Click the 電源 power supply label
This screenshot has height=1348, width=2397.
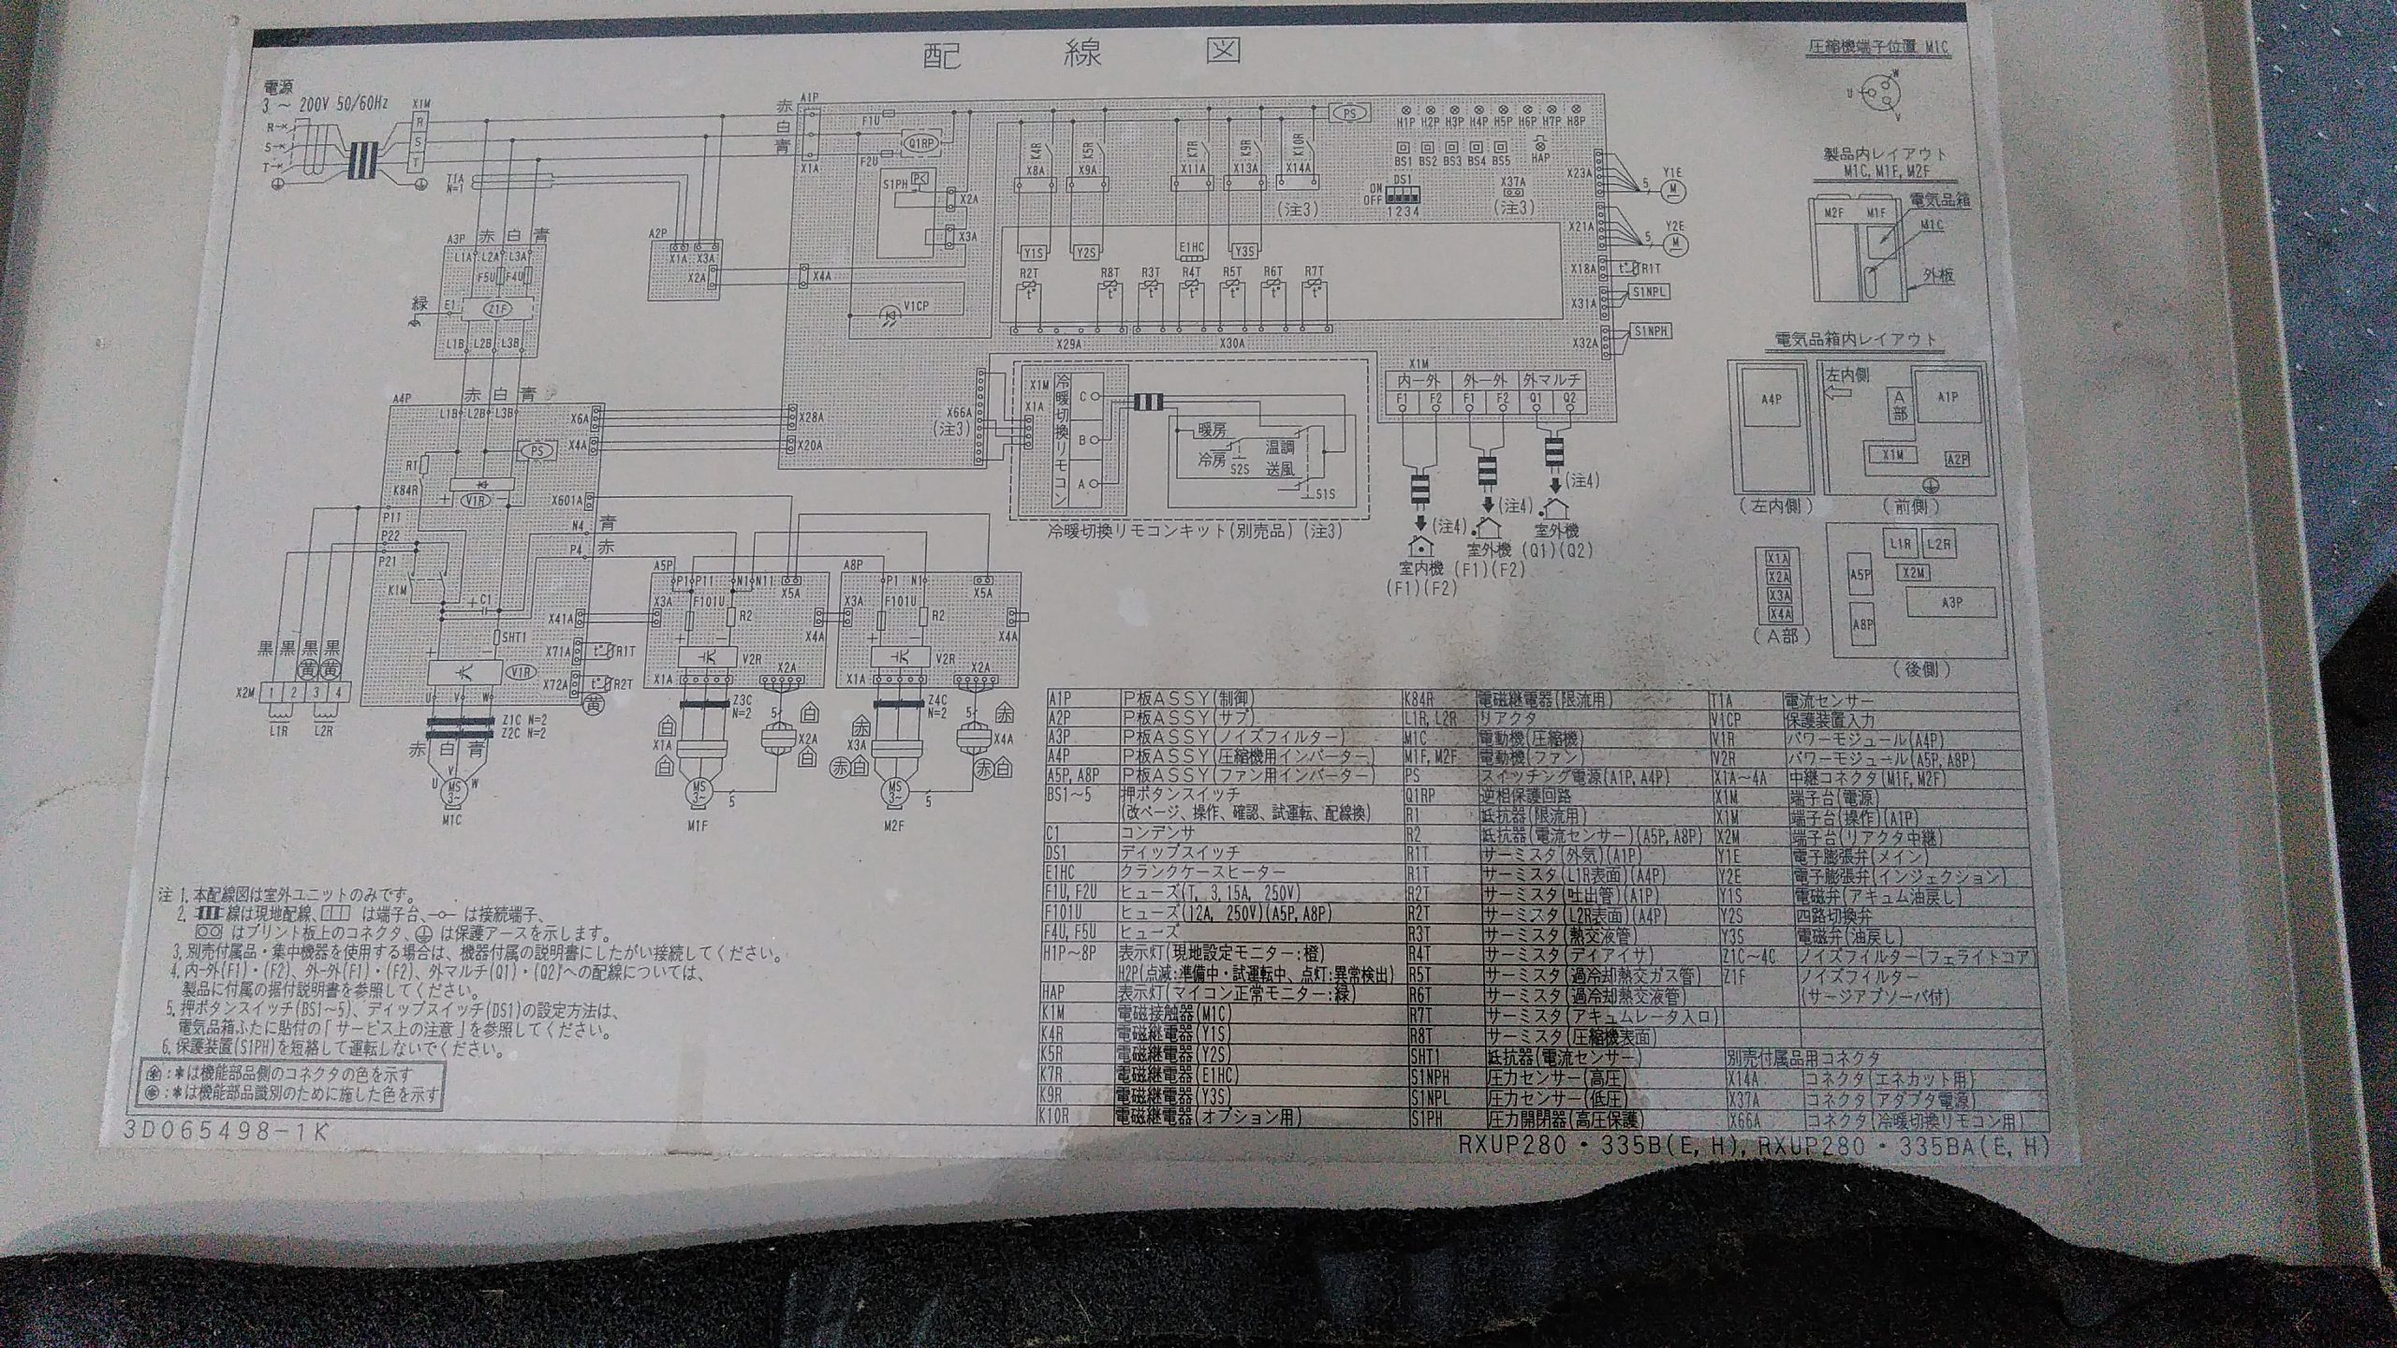click(280, 86)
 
